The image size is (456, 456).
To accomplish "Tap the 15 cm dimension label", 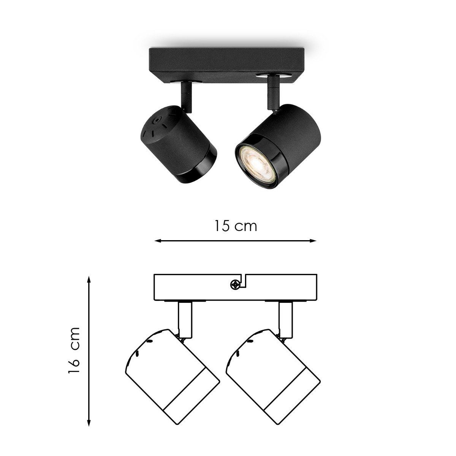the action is [x=236, y=226].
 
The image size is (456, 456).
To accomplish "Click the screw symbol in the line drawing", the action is [x=235, y=285].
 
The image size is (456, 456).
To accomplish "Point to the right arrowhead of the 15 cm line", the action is [x=313, y=241].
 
